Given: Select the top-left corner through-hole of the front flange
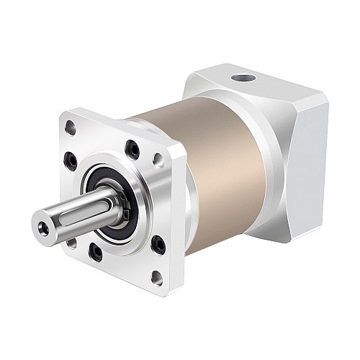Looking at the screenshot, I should [x=70, y=129].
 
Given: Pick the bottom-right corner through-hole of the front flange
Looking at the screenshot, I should [x=156, y=276].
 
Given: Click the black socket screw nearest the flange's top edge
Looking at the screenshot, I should [x=132, y=149].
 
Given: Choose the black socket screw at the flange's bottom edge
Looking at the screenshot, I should [x=95, y=251].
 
